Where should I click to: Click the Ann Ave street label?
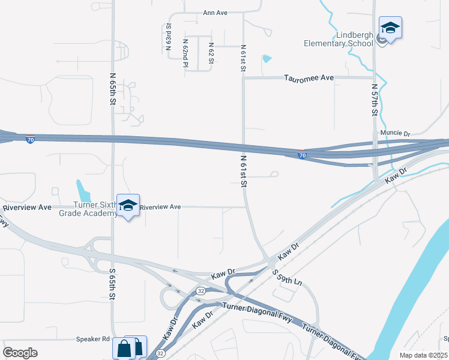pos(215,13)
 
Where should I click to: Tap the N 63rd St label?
pos(169,35)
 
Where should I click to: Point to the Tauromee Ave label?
pos(309,78)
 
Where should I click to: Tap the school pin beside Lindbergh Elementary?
pos(390,28)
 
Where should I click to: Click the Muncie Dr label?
pos(394,133)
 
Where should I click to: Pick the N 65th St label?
pos(113,89)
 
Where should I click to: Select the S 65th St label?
pos(112,284)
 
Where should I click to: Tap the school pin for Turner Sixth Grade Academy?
pos(128,206)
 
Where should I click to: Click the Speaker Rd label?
pos(92,338)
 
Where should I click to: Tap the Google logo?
pos(20,352)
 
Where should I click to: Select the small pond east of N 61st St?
pos(267,59)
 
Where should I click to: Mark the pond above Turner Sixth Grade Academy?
pos(83,190)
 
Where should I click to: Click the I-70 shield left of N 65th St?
pos(30,139)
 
